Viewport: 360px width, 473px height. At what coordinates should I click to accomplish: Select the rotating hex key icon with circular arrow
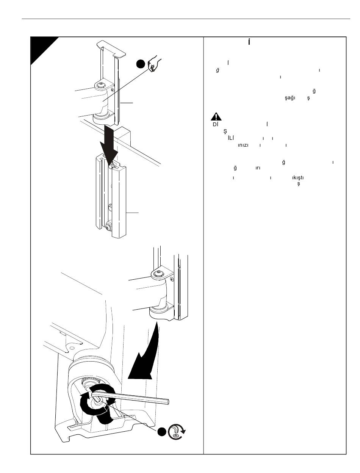[177, 432]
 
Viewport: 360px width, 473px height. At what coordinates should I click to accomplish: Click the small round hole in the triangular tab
[72, 348]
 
